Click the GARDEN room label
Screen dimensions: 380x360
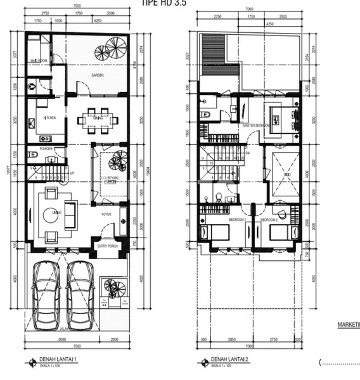tap(97, 75)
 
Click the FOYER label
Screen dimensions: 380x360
tap(106, 214)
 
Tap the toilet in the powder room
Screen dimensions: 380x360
tap(33, 154)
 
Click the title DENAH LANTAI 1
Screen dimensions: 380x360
tap(58, 359)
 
